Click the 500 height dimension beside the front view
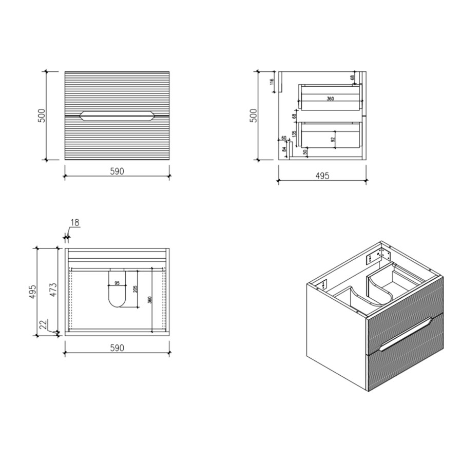pyautogui.click(x=44, y=115)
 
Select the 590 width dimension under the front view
pyautogui.click(x=117, y=171)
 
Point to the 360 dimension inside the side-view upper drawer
pyautogui.click(x=330, y=99)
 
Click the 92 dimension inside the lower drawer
pyautogui.click(x=333, y=139)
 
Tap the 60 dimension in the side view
pyautogui.click(x=283, y=138)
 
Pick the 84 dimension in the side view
pyautogui.click(x=283, y=149)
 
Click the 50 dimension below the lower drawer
pyautogui.click(x=305, y=151)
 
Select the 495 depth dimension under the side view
pyautogui.click(x=322, y=176)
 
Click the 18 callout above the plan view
pyautogui.click(x=75, y=223)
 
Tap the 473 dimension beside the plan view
pyautogui.click(x=53, y=291)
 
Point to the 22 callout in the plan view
pyautogui.click(x=44, y=325)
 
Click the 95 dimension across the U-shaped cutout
pyautogui.click(x=117, y=283)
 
